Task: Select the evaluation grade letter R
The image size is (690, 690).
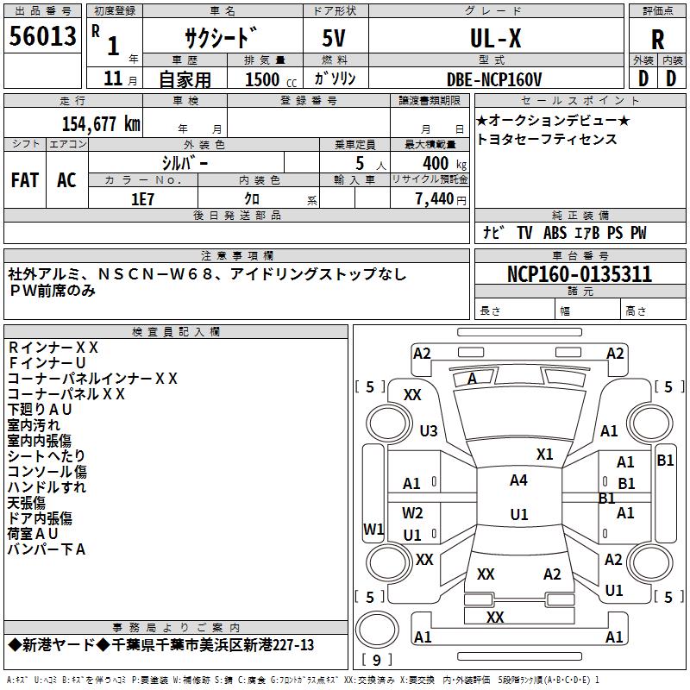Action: click(657, 39)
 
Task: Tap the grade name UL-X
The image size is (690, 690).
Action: click(495, 38)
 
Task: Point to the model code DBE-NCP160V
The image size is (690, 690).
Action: click(494, 79)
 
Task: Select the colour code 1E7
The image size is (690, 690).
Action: click(143, 199)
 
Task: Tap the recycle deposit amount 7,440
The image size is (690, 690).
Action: click(434, 199)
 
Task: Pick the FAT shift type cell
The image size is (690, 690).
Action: click(25, 179)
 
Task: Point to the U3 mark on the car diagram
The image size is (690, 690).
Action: click(429, 430)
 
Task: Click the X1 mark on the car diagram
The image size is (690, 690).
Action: click(544, 454)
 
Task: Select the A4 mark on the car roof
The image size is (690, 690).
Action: click(518, 480)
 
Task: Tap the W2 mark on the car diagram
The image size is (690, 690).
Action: click(412, 513)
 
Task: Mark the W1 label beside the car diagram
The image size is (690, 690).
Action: click(373, 529)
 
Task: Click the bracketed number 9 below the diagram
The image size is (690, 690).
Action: click(376, 660)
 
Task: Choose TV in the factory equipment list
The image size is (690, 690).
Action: click(524, 233)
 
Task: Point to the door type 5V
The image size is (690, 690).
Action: click(336, 38)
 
